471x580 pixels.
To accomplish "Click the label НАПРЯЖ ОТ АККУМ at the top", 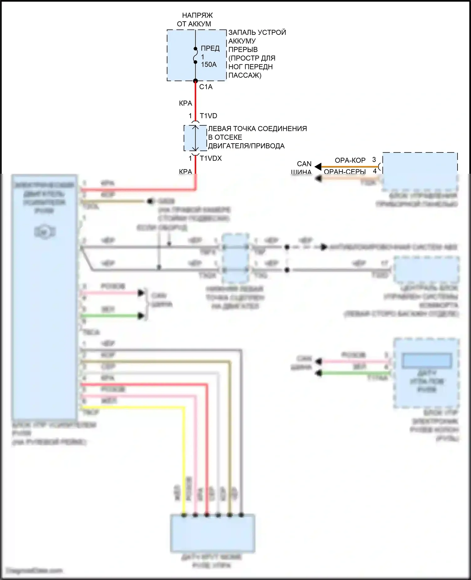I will pyautogui.click(x=197, y=19).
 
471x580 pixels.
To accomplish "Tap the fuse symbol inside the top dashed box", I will pyautogui.click(x=195, y=56).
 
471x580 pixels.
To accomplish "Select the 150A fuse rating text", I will pyautogui.click(x=209, y=65).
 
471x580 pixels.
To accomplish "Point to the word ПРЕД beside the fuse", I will pyautogui.click(x=210, y=48).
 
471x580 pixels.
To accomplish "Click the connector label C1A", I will pyautogui.click(x=206, y=87).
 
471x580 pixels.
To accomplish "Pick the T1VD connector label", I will pyautogui.click(x=208, y=116).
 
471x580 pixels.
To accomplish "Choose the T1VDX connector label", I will pyautogui.click(x=211, y=158).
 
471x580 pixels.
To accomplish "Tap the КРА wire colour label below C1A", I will pyautogui.click(x=185, y=103).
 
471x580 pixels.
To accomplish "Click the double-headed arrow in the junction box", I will pyautogui.click(x=195, y=138).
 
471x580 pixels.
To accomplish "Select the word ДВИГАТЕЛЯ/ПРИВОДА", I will pyautogui.click(x=246, y=146).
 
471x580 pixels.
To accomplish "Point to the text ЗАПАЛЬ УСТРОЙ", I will pyautogui.click(x=257, y=32).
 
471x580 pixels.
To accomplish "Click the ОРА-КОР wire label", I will pyautogui.click(x=350, y=160).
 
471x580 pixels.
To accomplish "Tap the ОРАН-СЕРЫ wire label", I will pyautogui.click(x=345, y=172).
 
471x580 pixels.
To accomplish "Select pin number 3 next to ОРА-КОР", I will pyautogui.click(x=374, y=160).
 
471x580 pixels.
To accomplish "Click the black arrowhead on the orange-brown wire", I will pyautogui.click(x=318, y=167).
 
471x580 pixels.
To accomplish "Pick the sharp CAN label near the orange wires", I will pyautogui.click(x=304, y=164).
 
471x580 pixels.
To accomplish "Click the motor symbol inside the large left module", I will pyautogui.click(x=45, y=232).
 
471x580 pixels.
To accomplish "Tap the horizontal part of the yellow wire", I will pyautogui.click(x=132, y=408).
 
